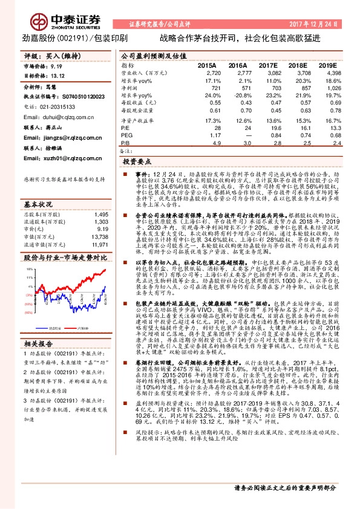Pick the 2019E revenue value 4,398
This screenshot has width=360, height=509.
click(333, 72)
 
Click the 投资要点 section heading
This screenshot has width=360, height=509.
click(136, 162)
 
